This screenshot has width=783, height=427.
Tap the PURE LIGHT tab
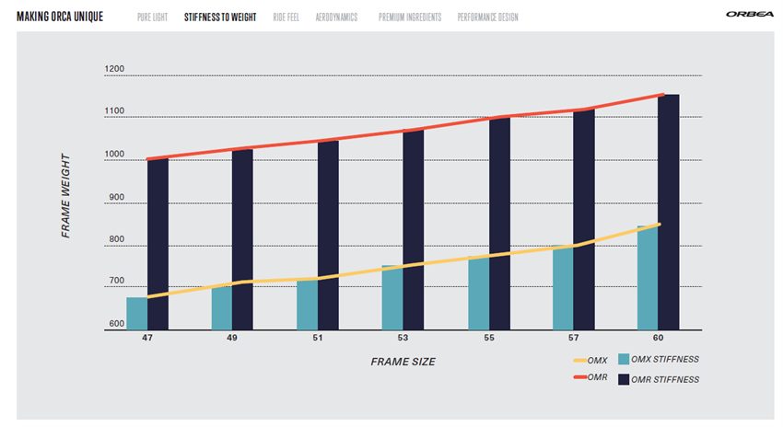coord(152,17)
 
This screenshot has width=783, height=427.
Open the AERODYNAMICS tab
coord(336,17)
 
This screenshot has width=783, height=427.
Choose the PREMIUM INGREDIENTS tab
coord(410,17)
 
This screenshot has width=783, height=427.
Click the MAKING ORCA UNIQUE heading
coord(60,17)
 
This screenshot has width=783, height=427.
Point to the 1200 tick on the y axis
coord(114,69)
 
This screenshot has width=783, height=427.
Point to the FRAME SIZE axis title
coord(403,362)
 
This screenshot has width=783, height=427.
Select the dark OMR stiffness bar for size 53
coord(413,229)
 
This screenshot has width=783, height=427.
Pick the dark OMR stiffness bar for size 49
coord(242,239)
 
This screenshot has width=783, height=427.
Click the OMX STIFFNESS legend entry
coord(660,360)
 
